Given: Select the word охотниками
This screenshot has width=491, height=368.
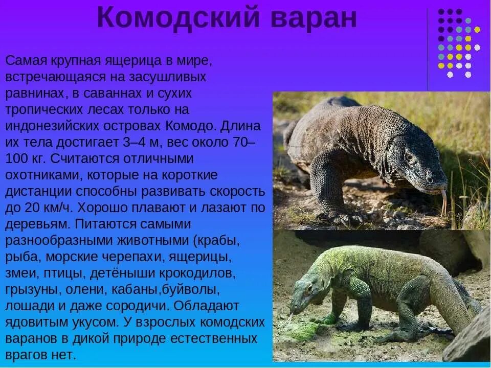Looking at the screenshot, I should click(x=43, y=175).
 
